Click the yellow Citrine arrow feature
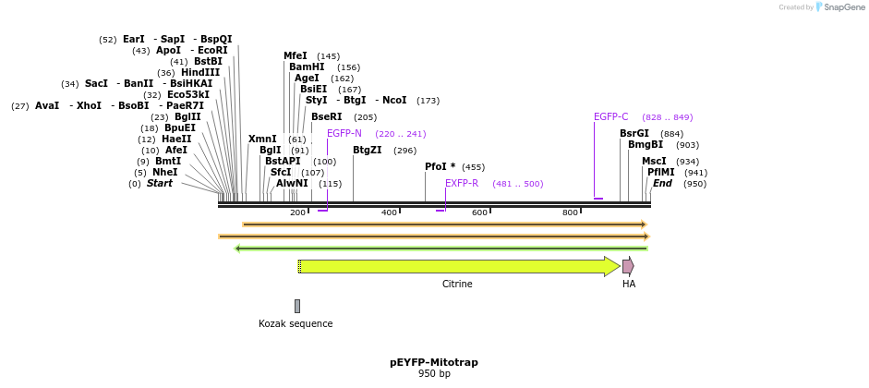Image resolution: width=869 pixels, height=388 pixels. (457, 267)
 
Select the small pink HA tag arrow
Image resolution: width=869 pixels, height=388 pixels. (628, 267)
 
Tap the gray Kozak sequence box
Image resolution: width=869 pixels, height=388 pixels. (296, 306)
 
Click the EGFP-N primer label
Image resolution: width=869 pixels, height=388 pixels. (344, 134)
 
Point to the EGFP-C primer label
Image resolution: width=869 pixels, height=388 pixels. (610, 117)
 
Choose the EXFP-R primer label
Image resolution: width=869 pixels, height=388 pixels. (462, 184)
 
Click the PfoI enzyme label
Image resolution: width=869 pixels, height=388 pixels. (440, 167)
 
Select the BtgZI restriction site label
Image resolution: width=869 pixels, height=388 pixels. (367, 151)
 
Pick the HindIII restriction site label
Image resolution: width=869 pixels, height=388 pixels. (200, 73)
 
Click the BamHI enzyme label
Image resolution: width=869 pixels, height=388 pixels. (307, 67)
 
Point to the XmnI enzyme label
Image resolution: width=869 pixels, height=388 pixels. (262, 139)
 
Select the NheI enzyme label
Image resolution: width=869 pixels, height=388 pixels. (164, 173)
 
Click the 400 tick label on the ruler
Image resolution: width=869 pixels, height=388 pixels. (389, 213)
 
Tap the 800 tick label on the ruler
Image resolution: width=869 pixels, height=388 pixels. (570, 213)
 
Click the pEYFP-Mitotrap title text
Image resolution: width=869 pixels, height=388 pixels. (434, 362)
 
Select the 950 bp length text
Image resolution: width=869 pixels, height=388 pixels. (434, 374)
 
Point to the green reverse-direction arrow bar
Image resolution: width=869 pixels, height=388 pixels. (441, 249)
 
